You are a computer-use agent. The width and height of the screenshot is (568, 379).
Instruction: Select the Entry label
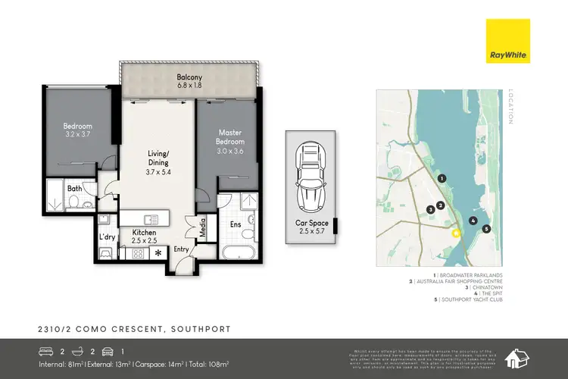pyautogui.click(x=182, y=249)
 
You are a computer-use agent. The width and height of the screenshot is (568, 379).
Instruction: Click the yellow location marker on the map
pyautogui.click(x=456, y=233)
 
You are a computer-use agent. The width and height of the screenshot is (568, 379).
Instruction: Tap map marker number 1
pyautogui.click(x=442, y=179)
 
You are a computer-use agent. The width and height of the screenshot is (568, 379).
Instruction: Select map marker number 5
pyautogui.click(x=486, y=228)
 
